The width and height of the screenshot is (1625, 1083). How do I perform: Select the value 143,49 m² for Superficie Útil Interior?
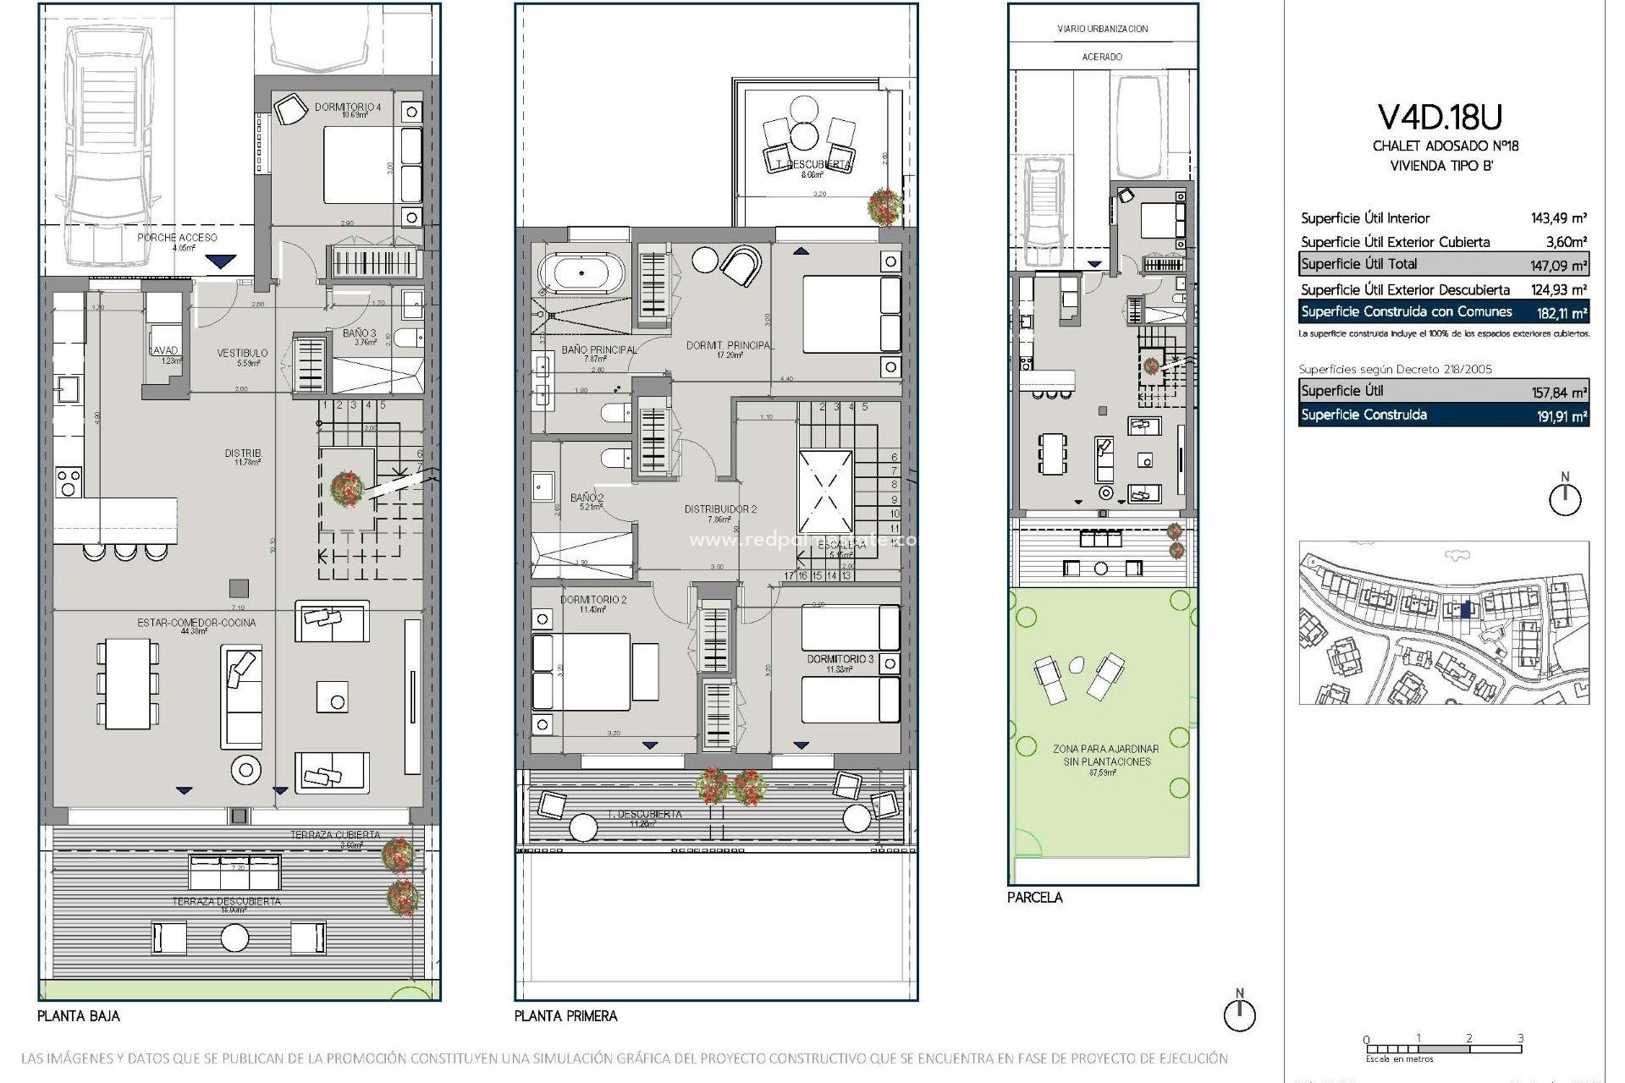pos(1558,218)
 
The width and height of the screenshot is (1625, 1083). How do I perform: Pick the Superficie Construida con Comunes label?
pos(1406,311)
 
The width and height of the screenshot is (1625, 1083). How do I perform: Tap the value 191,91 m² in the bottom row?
pos(1562,415)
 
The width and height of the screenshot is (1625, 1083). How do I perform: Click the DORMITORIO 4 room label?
pos(348,107)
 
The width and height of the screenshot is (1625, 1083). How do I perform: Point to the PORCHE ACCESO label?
pos(177,238)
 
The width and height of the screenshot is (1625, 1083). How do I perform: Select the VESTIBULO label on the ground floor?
pos(242,353)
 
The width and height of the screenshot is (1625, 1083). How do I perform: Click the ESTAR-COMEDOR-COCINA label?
pos(196,623)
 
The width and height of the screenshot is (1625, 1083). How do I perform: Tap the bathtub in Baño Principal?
pos(581,273)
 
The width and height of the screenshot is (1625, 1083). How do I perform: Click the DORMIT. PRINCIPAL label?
pos(729,345)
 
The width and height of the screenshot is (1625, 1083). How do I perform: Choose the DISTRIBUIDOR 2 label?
pos(720,509)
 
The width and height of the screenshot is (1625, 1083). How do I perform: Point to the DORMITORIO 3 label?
pos(840,658)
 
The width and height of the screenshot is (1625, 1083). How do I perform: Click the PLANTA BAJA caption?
pos(79,1015)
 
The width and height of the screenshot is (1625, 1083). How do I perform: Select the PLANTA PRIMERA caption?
pos(565,1015)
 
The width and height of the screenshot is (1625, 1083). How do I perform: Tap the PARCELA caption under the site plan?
pos(1034,897)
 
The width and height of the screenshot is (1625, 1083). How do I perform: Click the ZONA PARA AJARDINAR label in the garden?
pos(1105,749)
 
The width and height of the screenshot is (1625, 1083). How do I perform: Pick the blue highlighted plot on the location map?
pos(1466,609)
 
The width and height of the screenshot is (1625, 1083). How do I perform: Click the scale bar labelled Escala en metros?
pos(1443,1049)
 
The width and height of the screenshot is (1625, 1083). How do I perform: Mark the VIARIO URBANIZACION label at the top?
pos(1102,29)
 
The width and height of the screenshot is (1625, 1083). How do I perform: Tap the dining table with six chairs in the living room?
pos(128,684)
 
